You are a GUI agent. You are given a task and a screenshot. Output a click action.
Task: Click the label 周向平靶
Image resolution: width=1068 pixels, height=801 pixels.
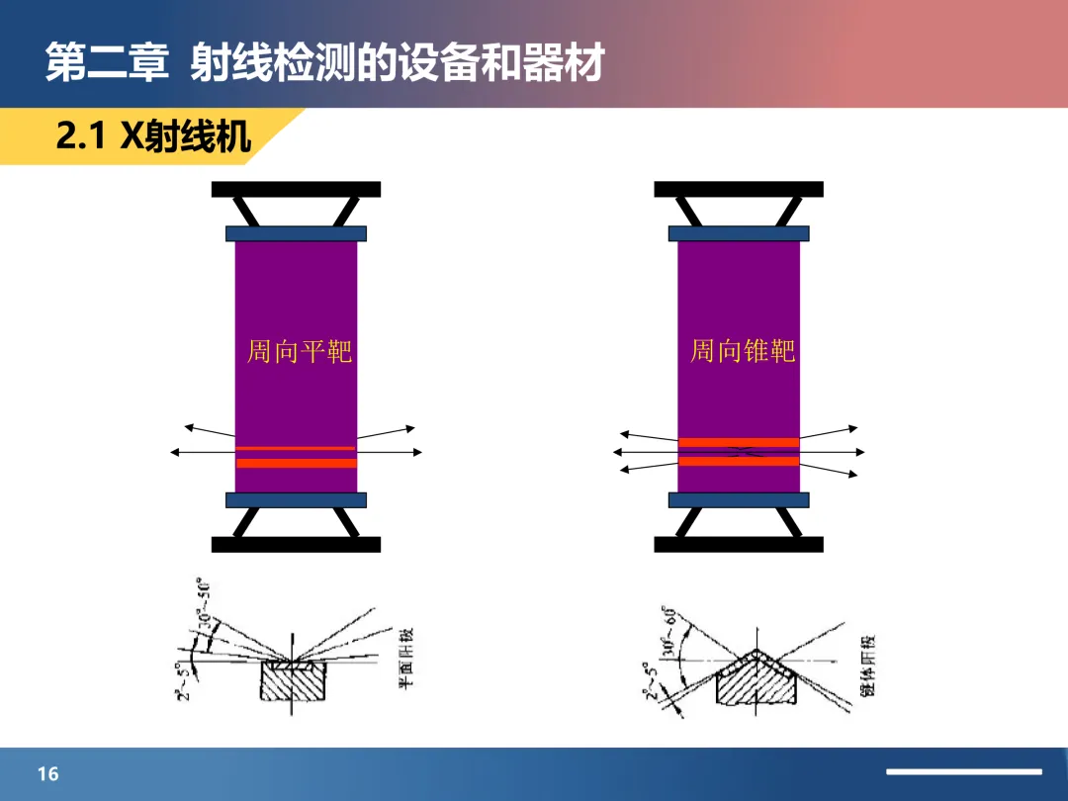[299, 351]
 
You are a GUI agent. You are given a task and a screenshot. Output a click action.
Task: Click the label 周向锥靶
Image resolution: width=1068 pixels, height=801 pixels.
[742, 351]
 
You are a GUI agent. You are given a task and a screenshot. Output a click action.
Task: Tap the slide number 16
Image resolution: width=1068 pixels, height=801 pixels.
[48, 773]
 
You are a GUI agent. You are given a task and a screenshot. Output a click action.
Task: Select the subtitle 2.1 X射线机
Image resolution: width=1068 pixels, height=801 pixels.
[153, 136]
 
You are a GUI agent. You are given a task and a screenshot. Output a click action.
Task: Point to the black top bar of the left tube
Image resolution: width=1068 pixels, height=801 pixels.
[296, 189]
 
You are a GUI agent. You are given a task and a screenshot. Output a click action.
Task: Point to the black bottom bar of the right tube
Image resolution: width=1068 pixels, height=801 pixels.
[739, 544]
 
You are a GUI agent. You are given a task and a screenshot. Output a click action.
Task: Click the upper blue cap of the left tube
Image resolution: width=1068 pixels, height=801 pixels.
[296, 234]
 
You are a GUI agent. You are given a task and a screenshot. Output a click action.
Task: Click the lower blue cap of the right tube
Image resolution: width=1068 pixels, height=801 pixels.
[739, 500]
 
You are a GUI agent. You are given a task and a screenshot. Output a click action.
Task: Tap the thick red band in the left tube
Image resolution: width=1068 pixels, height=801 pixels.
[296, 463]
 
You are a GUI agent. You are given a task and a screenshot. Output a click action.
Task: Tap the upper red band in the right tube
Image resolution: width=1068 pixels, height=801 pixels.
[739, 442]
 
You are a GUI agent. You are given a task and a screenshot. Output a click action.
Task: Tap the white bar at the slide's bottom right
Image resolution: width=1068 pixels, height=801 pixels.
[963, 771]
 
